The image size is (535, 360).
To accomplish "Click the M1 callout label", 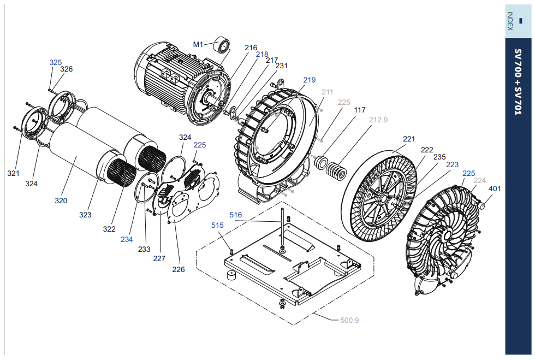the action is (198, 44).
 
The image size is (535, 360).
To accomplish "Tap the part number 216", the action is (251, 48).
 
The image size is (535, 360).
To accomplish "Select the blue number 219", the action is (310, 80).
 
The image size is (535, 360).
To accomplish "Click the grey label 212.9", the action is (378, 120).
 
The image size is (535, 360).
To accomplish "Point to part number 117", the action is (360, 110).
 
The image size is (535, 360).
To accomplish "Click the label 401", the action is (495, 188).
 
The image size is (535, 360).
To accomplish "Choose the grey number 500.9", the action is (350, 320).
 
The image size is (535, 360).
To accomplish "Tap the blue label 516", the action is (236, 215).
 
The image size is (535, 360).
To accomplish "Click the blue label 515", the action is (217, 226).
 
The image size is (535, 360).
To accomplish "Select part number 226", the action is (179, 269).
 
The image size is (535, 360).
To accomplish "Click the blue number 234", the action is (127, 239).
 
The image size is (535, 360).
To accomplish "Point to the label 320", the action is (61, 200).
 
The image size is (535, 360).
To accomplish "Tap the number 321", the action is (13, 173).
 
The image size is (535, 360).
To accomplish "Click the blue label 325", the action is (56, 62).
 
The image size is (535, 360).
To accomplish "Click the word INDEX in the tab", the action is (510, 21).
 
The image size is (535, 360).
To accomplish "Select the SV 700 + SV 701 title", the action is (518, 82).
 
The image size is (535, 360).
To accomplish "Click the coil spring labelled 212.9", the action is (337, 170).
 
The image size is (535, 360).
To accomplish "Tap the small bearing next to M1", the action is (222, 46).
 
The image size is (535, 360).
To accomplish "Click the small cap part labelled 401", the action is (483, 205).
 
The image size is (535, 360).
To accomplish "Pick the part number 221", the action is (409, 139).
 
